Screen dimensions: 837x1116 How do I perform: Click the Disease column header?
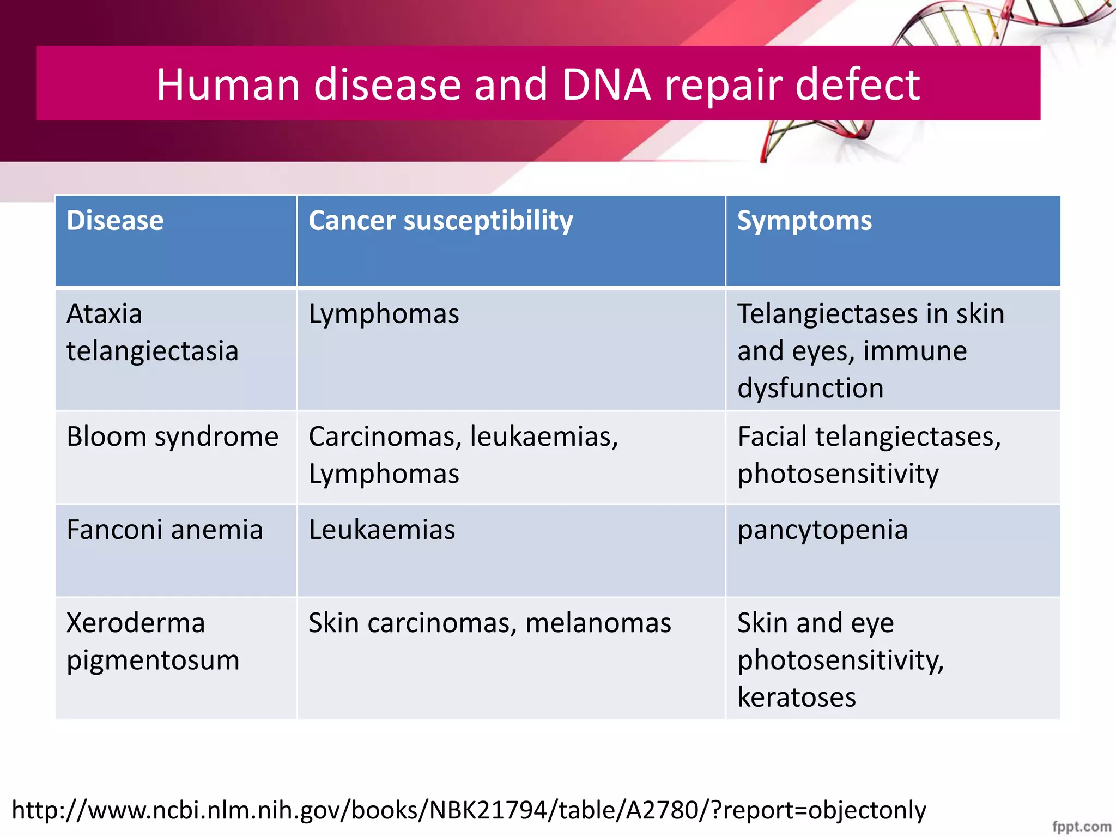[x=115, y=221]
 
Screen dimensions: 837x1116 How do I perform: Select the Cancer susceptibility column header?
[x=440, y=221]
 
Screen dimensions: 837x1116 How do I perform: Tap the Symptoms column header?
[x=804, y=221]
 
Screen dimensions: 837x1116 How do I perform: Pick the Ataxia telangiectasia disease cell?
[x=152, y=332]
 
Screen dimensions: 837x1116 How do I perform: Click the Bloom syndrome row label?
[x=172, y=436]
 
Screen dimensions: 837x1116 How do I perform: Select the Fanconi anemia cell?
[x=165, y=530]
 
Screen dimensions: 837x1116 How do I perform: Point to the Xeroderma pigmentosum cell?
[x=153, y=641]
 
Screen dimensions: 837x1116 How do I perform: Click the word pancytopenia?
[x=822, y=530]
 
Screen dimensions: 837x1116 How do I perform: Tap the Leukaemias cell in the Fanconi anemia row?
[x=381, y=530]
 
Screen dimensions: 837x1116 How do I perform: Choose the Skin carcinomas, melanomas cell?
[x=489, y=623]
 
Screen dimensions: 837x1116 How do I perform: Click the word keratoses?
[x=796, y=697]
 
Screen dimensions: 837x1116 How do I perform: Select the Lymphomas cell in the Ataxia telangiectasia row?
[x=384, y=314]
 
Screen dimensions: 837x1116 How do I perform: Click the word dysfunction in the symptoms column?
[x=810, y=388]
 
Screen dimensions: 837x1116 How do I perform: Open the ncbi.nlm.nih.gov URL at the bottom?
[x=469, y=810]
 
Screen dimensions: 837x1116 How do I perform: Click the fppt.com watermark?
[x=1081, y=826]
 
